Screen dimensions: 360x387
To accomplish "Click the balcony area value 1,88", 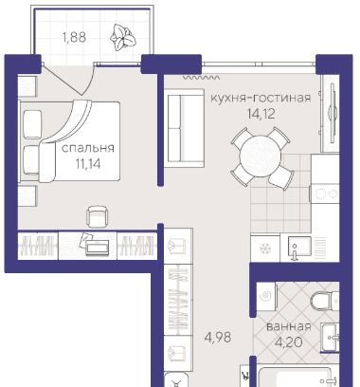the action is [x=74, y=38].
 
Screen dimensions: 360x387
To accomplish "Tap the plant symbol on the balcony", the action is [x=123, y=37].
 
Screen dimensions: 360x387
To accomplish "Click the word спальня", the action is [x=87, y=148].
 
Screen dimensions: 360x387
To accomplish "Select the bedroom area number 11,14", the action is [x=87, y=163].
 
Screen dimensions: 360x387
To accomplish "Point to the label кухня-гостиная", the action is [x=261, y=98].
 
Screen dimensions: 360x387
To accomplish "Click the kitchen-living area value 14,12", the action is [x=261, y=114].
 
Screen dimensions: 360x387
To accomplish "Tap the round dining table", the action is [x=261, y=156].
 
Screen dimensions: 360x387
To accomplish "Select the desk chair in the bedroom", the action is [x=98, y=216].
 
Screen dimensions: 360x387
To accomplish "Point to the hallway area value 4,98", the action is [x=218, y=337].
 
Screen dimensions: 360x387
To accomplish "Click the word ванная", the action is [x=289, y=326].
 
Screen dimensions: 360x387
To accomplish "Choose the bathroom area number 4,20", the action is [x=289, y=341].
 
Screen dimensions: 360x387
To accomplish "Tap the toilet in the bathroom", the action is [x=324, y=300].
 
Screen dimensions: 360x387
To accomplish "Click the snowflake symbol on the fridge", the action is [x=264, y=249].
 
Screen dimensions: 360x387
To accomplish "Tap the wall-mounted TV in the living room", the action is [x=331, y=113].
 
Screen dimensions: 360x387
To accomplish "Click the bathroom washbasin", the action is [x=330, y=337].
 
